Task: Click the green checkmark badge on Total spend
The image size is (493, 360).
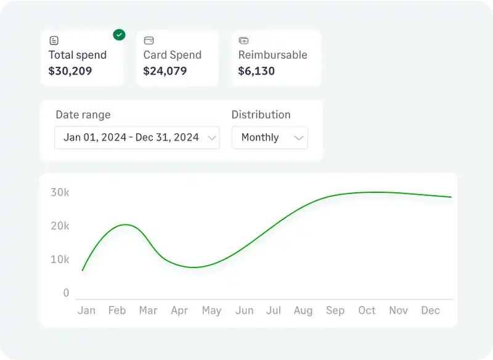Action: coord(119,35)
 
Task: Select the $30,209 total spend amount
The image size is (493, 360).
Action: coord(70,71)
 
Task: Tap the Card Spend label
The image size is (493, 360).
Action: coord(172,55)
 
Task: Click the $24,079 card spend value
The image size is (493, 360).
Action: coord(165,71)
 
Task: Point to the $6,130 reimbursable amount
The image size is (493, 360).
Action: coord(256,71)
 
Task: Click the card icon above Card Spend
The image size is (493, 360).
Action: coord(149,41)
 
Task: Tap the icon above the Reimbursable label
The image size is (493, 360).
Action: coord(243,41)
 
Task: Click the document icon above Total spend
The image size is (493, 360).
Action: coord(54,41)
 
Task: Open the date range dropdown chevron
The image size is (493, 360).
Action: coord(212,137)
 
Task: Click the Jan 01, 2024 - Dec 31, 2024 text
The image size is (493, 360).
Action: coord(131,137)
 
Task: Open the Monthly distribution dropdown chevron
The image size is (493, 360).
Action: coord(299,137)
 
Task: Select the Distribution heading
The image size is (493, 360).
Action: coord(261,115)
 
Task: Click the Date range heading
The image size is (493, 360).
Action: coord(83,115)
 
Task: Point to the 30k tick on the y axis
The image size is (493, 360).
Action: coord(60,192)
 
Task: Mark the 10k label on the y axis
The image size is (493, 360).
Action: coord(60,260)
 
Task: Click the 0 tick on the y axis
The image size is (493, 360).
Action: coord(66,293)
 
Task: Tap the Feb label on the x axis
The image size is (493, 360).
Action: coord(117,311)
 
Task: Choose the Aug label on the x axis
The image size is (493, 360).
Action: coord(303,311)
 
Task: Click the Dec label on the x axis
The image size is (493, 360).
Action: coord(430,311)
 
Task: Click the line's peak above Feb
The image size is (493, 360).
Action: coord(125,224)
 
